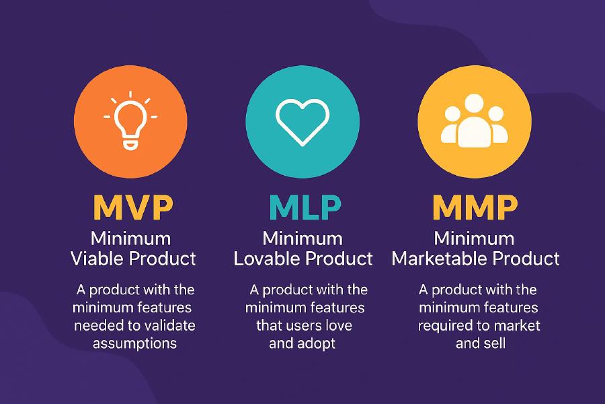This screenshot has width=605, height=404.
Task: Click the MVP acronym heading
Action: point(132,207)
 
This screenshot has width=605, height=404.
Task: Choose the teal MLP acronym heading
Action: point(302,207)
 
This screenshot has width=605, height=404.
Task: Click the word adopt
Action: point(316,343)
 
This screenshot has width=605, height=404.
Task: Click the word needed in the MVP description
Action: point(94,325)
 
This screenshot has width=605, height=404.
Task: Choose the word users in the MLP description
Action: point(299,325)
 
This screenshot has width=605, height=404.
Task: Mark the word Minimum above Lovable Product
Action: point(302,238)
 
